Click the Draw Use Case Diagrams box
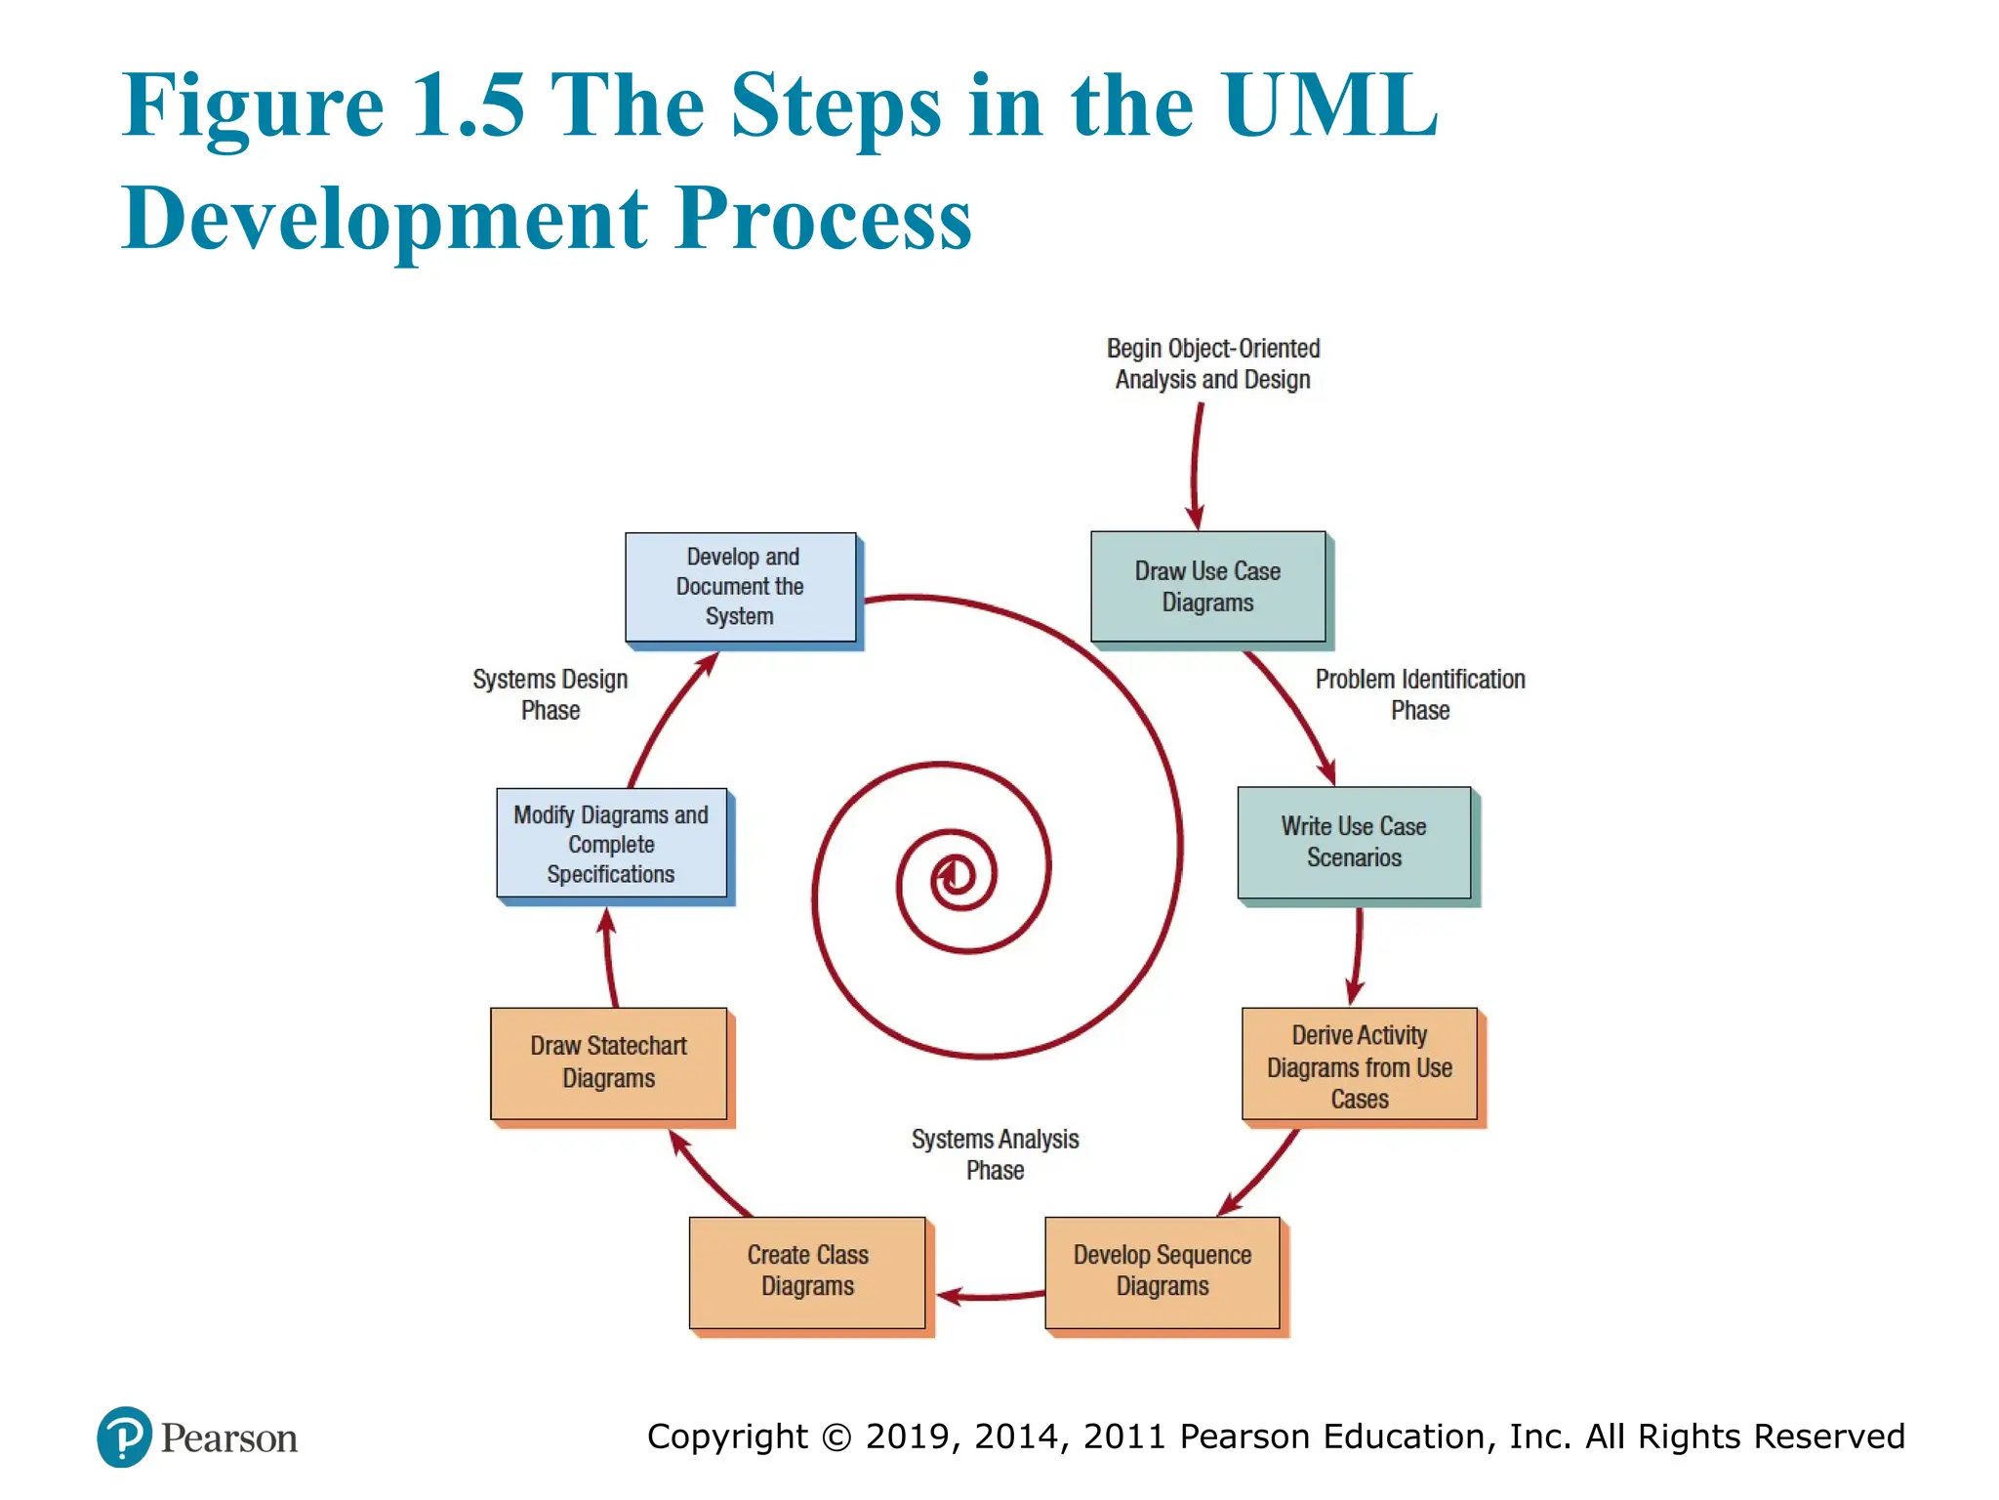point(1207,587)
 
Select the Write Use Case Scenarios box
point(1354,842)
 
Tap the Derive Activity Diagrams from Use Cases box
point(1359,1065)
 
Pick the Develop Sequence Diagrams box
point(1162,1271)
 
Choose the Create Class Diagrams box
point(807,1271)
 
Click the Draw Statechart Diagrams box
point(608,1062)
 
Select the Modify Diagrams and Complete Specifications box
point(611,844)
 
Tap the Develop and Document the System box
point(740,587)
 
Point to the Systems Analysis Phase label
point(995,1154)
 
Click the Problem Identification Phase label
point(1419,694)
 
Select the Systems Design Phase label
point(550,694)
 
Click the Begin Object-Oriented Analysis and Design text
point(1212,364)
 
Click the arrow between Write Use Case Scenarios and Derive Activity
point(1358,952)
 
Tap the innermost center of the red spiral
point(952,874)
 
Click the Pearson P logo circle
point(124,1437)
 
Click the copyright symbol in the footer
point(836,1437)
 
